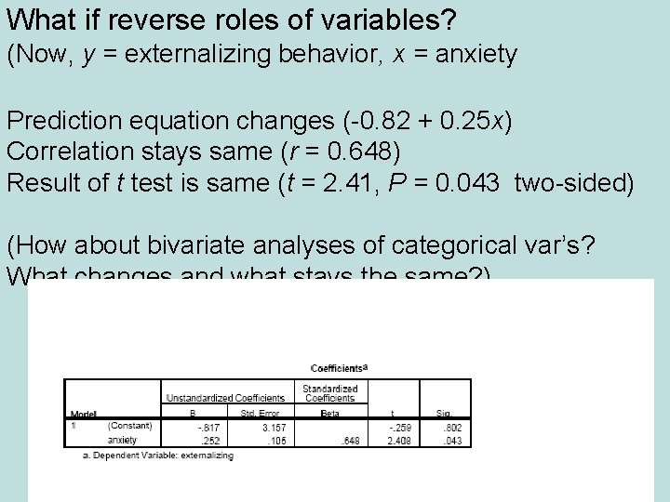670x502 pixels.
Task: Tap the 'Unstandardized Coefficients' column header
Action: click(226, 398)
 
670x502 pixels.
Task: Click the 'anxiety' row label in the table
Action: click(122, 440)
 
